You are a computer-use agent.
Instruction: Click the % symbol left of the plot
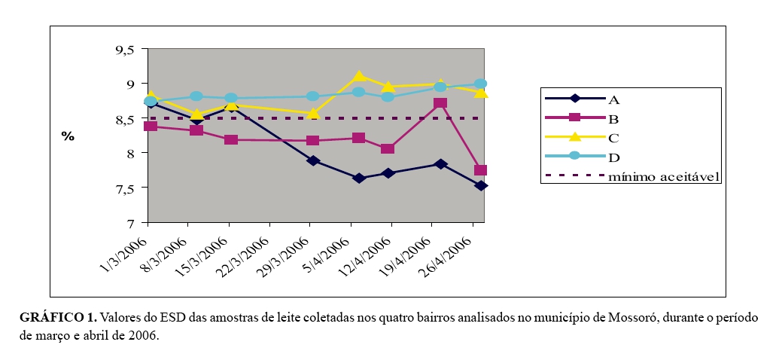pyautogui.click(x=68, y=136)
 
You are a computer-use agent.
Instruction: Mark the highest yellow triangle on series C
pyautogui.click(x=359, y=76)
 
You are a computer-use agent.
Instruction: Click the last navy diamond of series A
pyautogui.click(x=480, y=185)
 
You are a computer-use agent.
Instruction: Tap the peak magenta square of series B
pyautogui.click(x=440, y=103)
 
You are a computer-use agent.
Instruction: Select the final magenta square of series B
pyautogui.click(x=480, y=170)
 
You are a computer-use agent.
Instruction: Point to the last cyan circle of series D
pyautogui.click(x=480, y=84)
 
